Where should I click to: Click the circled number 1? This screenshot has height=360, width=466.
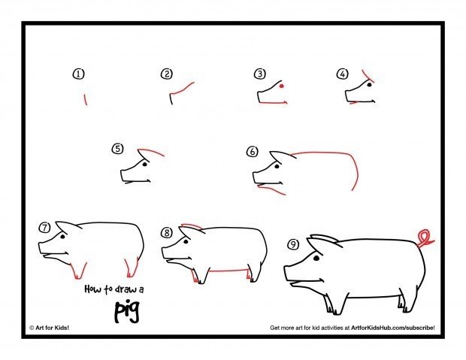click(78, 74)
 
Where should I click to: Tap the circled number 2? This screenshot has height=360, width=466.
click(167, 74)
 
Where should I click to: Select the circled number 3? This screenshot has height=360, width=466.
click(260, 74)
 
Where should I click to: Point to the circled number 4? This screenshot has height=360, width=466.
click(343, 74)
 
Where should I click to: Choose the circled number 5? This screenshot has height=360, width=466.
click(118, 148)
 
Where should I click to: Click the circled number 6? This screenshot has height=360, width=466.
click(253, 152)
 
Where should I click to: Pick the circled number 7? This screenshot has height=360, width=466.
click(44, 228)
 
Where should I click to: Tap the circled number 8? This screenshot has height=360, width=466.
click(167, 232)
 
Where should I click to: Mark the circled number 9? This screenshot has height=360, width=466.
click(293, 244)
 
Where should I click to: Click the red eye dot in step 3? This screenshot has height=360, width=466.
click(281, 86)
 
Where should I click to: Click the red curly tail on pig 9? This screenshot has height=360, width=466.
click(425, 237)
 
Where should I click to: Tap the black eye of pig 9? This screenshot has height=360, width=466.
click(316, 258)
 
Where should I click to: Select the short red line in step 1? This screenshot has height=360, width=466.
click(85, 99)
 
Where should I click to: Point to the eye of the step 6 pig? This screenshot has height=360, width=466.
click(277, 167)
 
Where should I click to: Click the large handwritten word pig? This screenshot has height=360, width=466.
click(127, 312)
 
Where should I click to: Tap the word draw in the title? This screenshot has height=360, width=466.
click(126, 289)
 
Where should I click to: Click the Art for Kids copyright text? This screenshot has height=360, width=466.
click(49, 328)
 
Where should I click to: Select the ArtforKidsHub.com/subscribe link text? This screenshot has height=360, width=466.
click(393, 328)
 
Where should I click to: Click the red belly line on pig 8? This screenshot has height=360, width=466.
click(228, 271)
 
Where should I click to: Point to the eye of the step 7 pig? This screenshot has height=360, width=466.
click(62, 237)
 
